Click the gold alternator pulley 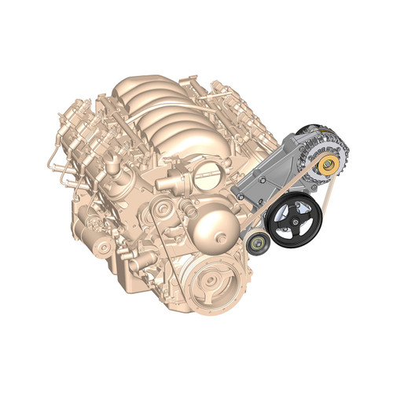[329, 164]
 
